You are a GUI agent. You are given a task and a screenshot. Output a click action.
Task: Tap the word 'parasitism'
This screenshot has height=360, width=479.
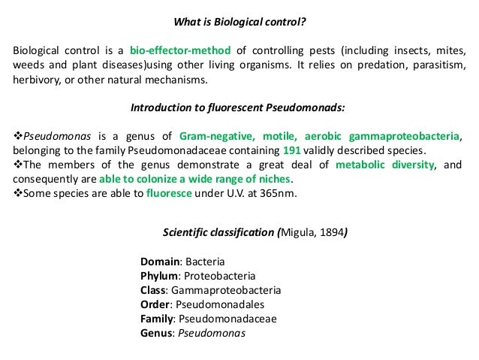437,66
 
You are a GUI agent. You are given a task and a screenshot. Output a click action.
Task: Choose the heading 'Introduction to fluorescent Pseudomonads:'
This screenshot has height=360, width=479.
239,107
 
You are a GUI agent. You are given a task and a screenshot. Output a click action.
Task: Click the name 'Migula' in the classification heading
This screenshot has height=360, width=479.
298,231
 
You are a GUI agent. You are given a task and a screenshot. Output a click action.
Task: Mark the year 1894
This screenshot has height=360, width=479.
331,231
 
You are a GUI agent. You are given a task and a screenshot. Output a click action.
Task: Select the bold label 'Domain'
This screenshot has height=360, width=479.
159,262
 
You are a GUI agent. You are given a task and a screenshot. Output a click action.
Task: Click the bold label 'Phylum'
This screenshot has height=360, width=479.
160,276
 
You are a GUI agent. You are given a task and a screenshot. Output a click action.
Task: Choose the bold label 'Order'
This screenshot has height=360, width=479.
155,304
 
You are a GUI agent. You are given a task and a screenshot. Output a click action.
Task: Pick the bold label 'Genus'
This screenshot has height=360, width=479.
156,333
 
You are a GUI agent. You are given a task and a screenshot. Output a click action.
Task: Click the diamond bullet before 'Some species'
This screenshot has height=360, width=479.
18,194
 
